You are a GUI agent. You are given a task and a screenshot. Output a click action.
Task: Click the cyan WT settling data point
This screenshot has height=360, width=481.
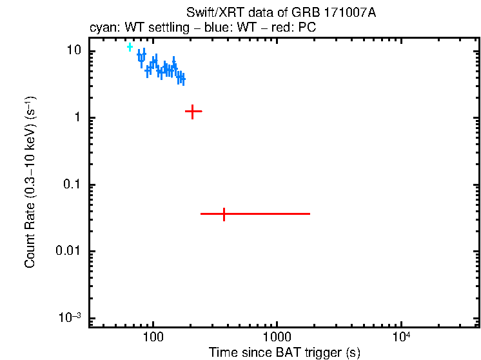pyautogui.click(x=130, y=47)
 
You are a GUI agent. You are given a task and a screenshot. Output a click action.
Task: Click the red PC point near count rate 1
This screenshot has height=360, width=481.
pyautogui.click(x=193, y=112)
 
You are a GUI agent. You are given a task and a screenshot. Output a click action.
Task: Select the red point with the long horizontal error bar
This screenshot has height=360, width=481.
pyautogui.click(x=224, y=214)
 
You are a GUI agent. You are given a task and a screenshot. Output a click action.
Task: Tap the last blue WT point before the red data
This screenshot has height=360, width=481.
pyautogui.click(x=183, y=79)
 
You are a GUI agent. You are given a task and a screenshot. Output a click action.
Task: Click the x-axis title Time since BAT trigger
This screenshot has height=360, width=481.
pyautogui.click(x=284, y=352)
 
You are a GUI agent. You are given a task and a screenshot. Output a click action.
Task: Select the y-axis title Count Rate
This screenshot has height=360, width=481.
pyautogui.click(x=30, y=183)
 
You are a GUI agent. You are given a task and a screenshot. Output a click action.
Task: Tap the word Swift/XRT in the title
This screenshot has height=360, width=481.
pyautogui.click(x=209, y=14)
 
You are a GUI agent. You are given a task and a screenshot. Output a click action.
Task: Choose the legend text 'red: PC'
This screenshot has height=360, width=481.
pyautogui.click(x=297, y=28)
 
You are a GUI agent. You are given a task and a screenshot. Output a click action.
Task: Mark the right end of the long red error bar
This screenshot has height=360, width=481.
pyautogui.click(x=309, y=214)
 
